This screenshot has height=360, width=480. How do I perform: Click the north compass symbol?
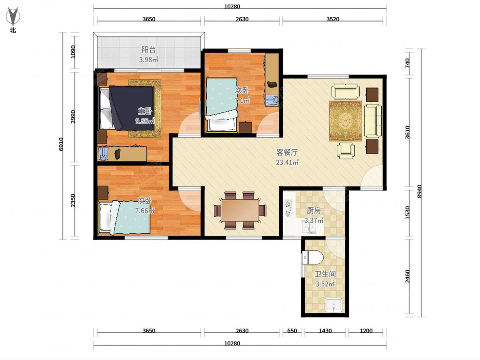coord(13,16)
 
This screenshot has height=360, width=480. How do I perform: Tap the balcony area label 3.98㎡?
coord(149,59)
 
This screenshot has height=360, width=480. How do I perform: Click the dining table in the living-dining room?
coord(240,210)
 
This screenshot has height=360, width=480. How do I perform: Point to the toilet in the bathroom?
coord(312,258)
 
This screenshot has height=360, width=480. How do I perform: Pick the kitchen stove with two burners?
coord(288,209)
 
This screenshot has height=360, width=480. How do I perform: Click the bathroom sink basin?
coord(334,304)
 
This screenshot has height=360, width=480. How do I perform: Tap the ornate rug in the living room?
coord(345,121)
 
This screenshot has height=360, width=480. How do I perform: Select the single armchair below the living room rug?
coord(346,150)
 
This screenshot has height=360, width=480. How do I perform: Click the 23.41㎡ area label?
coord(287,162)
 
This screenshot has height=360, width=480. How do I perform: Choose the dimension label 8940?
coord(419,191)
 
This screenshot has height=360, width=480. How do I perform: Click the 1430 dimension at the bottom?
coord(325,330)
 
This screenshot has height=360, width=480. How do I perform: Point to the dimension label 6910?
coord(61,144)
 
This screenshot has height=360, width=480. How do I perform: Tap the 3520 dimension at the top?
coord(333,19)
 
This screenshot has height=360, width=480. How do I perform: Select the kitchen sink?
coord(309,227)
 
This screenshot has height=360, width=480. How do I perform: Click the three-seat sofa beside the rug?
coord(373,121)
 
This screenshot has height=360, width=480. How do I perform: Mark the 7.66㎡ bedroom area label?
coord(145,211)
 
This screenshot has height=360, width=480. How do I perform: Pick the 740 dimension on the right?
coord(407,63)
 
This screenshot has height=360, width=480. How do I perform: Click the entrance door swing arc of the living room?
coord(372,176)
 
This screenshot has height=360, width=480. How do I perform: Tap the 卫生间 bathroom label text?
coord(325,274)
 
